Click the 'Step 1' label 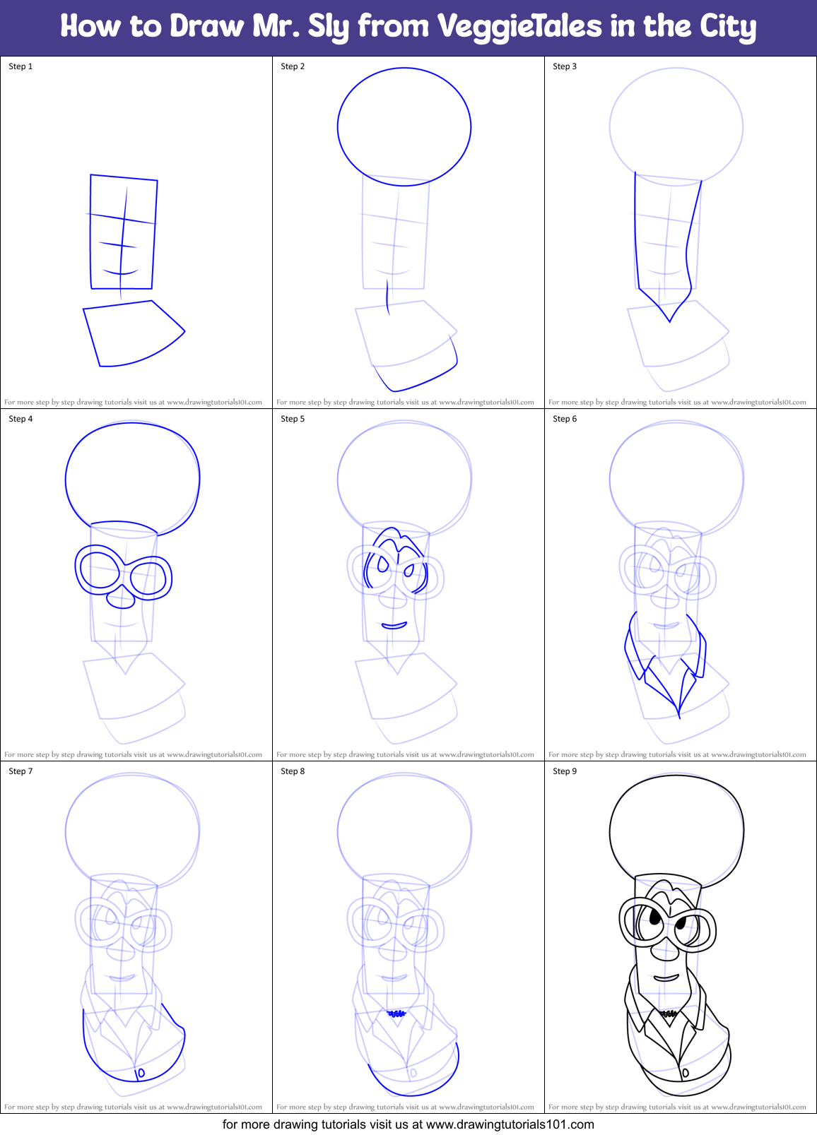tap(20, 66)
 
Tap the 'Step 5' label tap(293, 419)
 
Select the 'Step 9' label tap(565, 771)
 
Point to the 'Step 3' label tap(565, 66)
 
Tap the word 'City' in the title tap(727, 27)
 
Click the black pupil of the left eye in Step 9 tap(654, 917)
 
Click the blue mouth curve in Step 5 tap(394, 626)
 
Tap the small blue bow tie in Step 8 tap(396, 1014)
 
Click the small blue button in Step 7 tap(140, 1074)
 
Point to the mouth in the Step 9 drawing tap(666, 979)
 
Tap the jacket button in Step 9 tap(685, 1074)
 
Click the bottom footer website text tap(408, 1124)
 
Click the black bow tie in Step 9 tap(669, 1014)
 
